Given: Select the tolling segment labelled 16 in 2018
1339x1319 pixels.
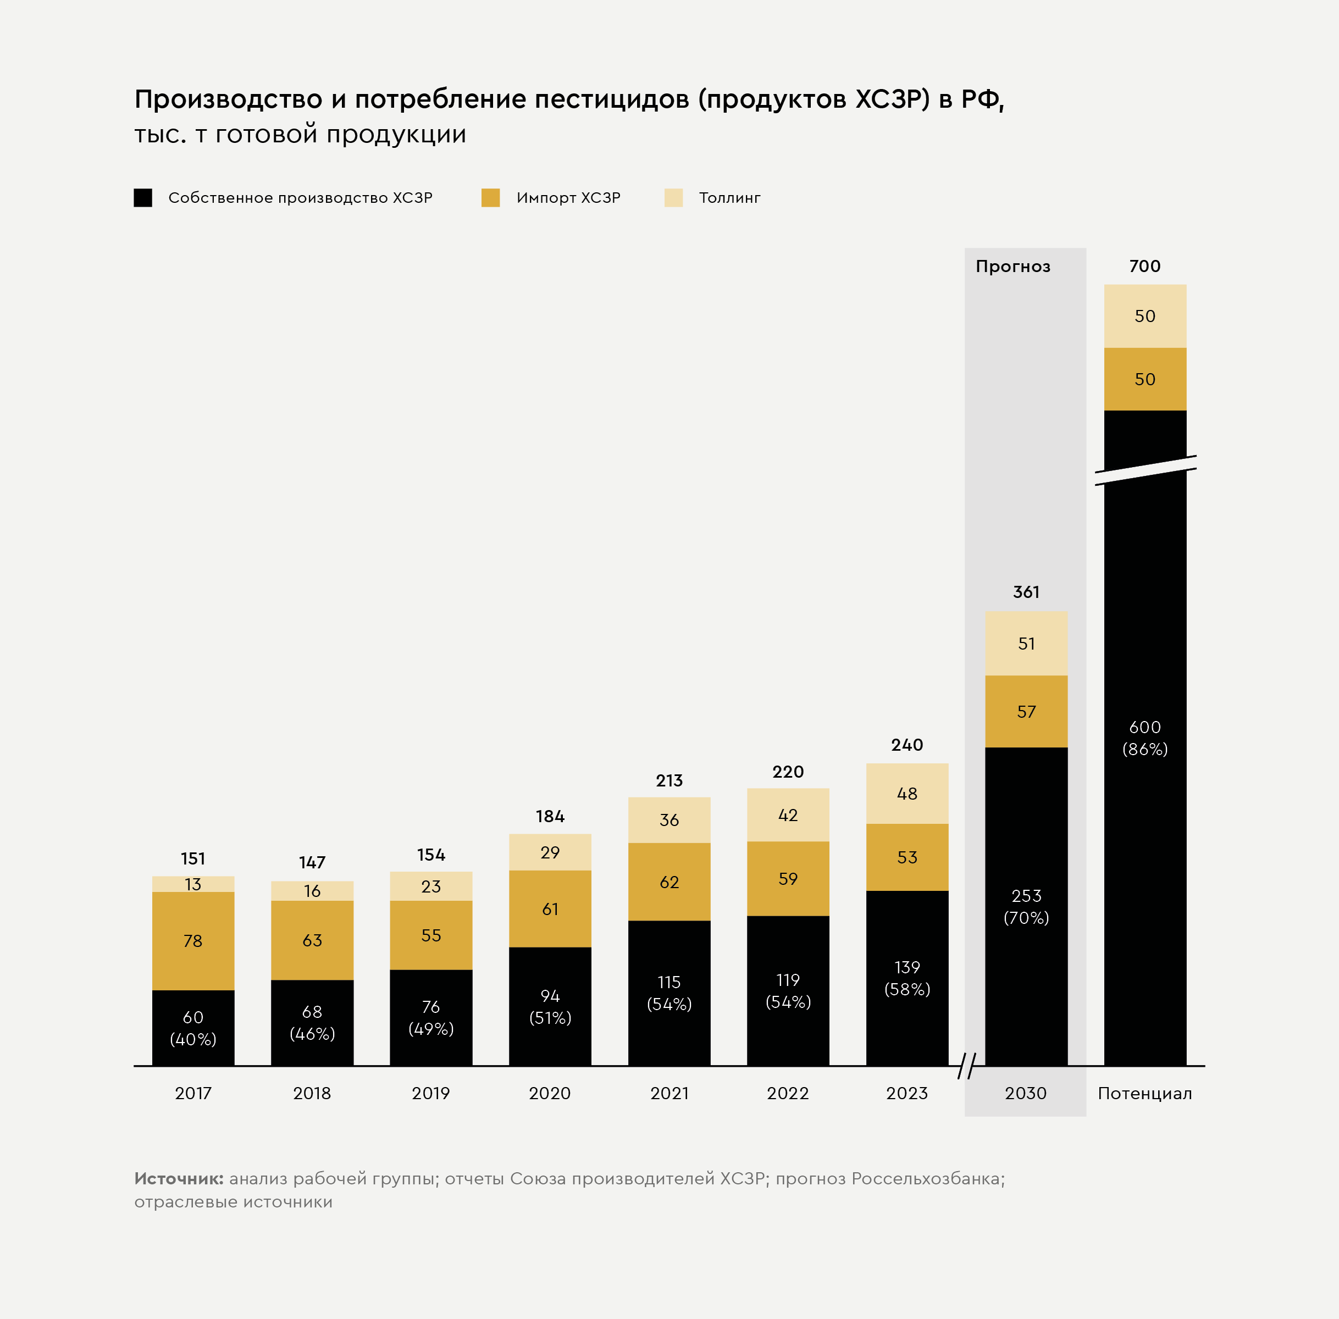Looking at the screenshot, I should click(312, 891).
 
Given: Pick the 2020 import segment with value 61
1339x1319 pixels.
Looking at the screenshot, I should click(550, 909).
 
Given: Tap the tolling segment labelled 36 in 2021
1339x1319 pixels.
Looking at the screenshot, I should click(669, 820).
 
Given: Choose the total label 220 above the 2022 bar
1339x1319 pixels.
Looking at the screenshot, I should click(788, 772).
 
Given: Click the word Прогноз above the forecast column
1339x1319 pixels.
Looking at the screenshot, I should click(1012, 267).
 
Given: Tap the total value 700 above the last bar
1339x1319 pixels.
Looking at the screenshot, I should click(1144, 266).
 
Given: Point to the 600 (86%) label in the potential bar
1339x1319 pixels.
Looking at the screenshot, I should click(1144, 738).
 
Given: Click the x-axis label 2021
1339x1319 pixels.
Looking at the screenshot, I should click(669, 1093).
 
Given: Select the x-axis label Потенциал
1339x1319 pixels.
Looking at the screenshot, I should click(1144, 1093).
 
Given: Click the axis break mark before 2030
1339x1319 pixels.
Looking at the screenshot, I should click(966, 1066).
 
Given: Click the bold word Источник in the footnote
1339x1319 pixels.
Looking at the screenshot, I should click(179, 1178).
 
